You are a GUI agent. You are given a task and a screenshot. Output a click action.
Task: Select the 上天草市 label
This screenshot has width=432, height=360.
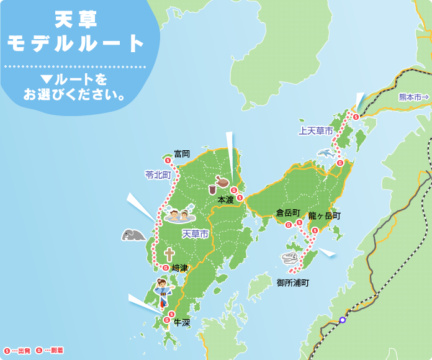click(x=315, y=131)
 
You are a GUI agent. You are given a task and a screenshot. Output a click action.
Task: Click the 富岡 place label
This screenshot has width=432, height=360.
click(x=182, y=153)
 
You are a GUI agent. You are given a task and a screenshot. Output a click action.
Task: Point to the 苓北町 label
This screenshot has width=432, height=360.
click(x=158, y=175)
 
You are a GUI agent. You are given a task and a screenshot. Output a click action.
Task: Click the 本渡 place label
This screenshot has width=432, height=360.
click(x=225, y=200)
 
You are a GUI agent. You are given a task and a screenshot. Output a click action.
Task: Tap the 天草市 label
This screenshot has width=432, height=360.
click(x=196, y=233)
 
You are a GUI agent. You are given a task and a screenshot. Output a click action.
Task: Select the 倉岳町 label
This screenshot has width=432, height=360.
click(x=288, y=213)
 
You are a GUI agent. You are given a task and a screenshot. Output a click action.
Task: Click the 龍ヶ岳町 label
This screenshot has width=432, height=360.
click(x=324, y=216)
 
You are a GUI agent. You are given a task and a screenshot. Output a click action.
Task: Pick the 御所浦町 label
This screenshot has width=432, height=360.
click(x=292, y=282)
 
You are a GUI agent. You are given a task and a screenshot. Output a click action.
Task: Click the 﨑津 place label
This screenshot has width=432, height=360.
click(x=179, y=268)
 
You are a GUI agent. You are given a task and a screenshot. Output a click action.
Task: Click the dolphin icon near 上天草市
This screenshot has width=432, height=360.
click(x=326, y=152)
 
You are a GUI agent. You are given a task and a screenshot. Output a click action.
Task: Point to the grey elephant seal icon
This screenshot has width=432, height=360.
click(x=133, y=235)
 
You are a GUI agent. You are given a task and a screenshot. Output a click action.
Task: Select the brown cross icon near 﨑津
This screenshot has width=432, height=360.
click(x=168, y=254)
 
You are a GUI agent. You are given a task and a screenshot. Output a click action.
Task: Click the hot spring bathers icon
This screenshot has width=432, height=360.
click(x=179, y=217)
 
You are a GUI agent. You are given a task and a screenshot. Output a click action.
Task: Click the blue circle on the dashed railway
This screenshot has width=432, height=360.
click(x=342, y=320)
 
